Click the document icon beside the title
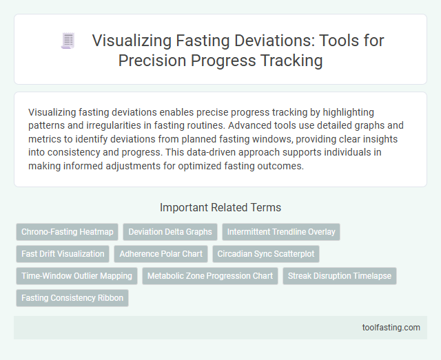(x=68, y=41)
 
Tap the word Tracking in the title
(x=293, y=60)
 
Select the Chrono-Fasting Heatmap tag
(x=67, y=232)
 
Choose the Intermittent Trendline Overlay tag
(x=281, y=232)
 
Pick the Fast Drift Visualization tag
(x=63, y=254)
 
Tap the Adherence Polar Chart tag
(x=161, y=254)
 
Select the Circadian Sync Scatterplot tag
(x=266, y=254)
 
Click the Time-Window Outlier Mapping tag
(x=76, y=276)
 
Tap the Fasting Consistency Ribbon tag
(x=72, y=298)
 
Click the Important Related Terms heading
(x=220, y=207)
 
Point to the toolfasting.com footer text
(x=391, y=327)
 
